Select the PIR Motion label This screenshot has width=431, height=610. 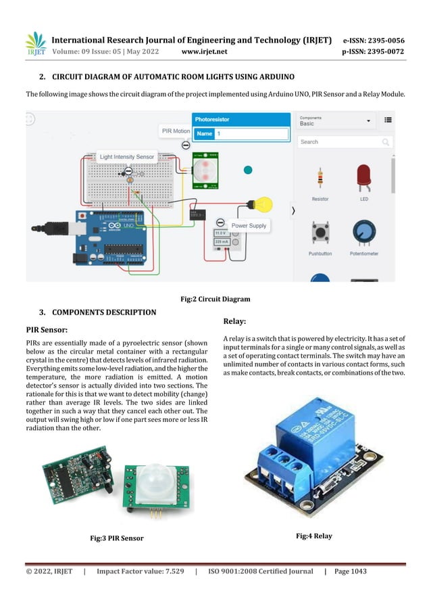(x=176, y=131)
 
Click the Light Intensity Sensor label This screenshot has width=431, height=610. (x=127, y=157)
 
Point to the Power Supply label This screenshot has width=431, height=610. (x=249, y=225)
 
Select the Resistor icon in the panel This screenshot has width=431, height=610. (x=320, y=180)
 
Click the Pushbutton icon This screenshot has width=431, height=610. (x=320, y=234)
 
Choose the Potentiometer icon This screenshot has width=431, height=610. (x=364, y=234)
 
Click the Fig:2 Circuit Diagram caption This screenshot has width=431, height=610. (x=215, y=299)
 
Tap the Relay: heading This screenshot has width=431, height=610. (x=234, y=321)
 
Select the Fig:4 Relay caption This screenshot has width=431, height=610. (x=314, y=536)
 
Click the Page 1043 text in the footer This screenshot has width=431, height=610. (x=350, y=571)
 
